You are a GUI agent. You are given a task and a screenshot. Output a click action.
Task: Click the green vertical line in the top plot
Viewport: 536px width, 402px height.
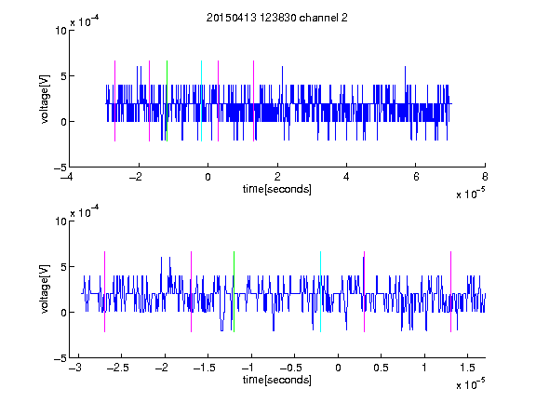coord(167,100)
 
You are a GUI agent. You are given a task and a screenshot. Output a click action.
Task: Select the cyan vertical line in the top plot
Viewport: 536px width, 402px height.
coord(201,100)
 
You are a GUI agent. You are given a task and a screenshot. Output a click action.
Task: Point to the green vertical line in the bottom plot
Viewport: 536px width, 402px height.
coord(234,291)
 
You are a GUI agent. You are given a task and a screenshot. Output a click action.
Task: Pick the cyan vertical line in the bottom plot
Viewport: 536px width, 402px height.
coord(320,291)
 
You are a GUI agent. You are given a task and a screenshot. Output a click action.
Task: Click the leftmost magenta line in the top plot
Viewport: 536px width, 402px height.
coord(114,100)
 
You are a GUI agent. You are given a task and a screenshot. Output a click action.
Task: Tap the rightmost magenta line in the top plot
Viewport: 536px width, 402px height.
coord(253,100)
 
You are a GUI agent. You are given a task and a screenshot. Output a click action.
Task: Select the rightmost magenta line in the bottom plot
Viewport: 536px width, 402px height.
coord(450,291)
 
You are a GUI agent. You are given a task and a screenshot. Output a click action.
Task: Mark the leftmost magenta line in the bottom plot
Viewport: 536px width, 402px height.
coord(104,291)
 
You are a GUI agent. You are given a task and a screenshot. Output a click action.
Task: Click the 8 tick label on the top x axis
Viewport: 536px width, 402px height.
coord(485,177)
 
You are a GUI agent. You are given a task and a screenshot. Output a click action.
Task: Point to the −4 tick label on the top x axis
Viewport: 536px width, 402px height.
coord(66,177)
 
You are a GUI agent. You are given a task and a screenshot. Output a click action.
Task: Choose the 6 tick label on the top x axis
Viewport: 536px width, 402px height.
coord(416,177)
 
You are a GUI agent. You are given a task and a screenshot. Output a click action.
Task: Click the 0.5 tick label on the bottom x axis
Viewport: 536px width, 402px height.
coord(382,368)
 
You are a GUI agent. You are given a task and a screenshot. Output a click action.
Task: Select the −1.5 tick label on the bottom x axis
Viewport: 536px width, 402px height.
coord(205,368)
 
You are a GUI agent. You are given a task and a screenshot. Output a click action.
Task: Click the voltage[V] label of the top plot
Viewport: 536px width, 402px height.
coord(45,100)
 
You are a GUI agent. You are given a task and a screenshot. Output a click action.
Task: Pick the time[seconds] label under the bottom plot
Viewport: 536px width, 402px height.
coord(277,380)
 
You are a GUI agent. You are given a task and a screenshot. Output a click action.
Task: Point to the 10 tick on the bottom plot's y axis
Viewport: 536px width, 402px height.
coord(61,221)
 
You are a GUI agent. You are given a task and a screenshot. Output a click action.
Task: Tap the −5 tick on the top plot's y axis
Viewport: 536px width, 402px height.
coord(60,167)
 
